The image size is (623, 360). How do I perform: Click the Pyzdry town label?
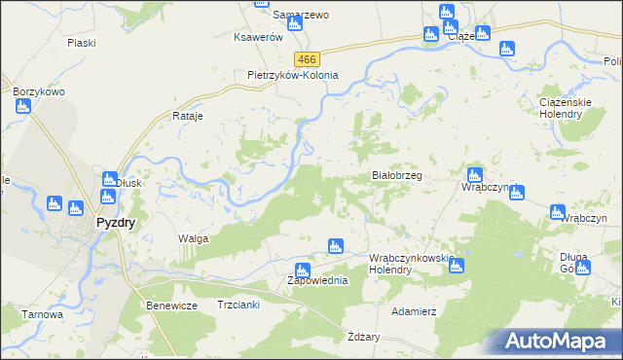[x=115, y=222]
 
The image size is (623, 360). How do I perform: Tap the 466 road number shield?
[x=308, y=59]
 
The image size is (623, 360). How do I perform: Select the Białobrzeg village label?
[x=397, y=176]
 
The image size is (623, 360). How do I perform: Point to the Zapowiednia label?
[x=303, y=281]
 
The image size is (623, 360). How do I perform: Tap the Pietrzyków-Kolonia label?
[x=293, y=75]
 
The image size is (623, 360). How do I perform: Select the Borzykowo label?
[x=39, y=91]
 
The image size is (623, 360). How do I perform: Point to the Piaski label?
[x=82, y=43]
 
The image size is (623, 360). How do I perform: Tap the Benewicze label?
[x=172, y=306]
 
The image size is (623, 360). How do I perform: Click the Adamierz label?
[x=413, y=312]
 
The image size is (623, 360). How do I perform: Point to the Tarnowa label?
[x=44, y=314]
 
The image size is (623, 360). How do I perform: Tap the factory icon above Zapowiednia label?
[x=302, y=268]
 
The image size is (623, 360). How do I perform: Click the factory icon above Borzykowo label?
[x=23, y=106]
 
